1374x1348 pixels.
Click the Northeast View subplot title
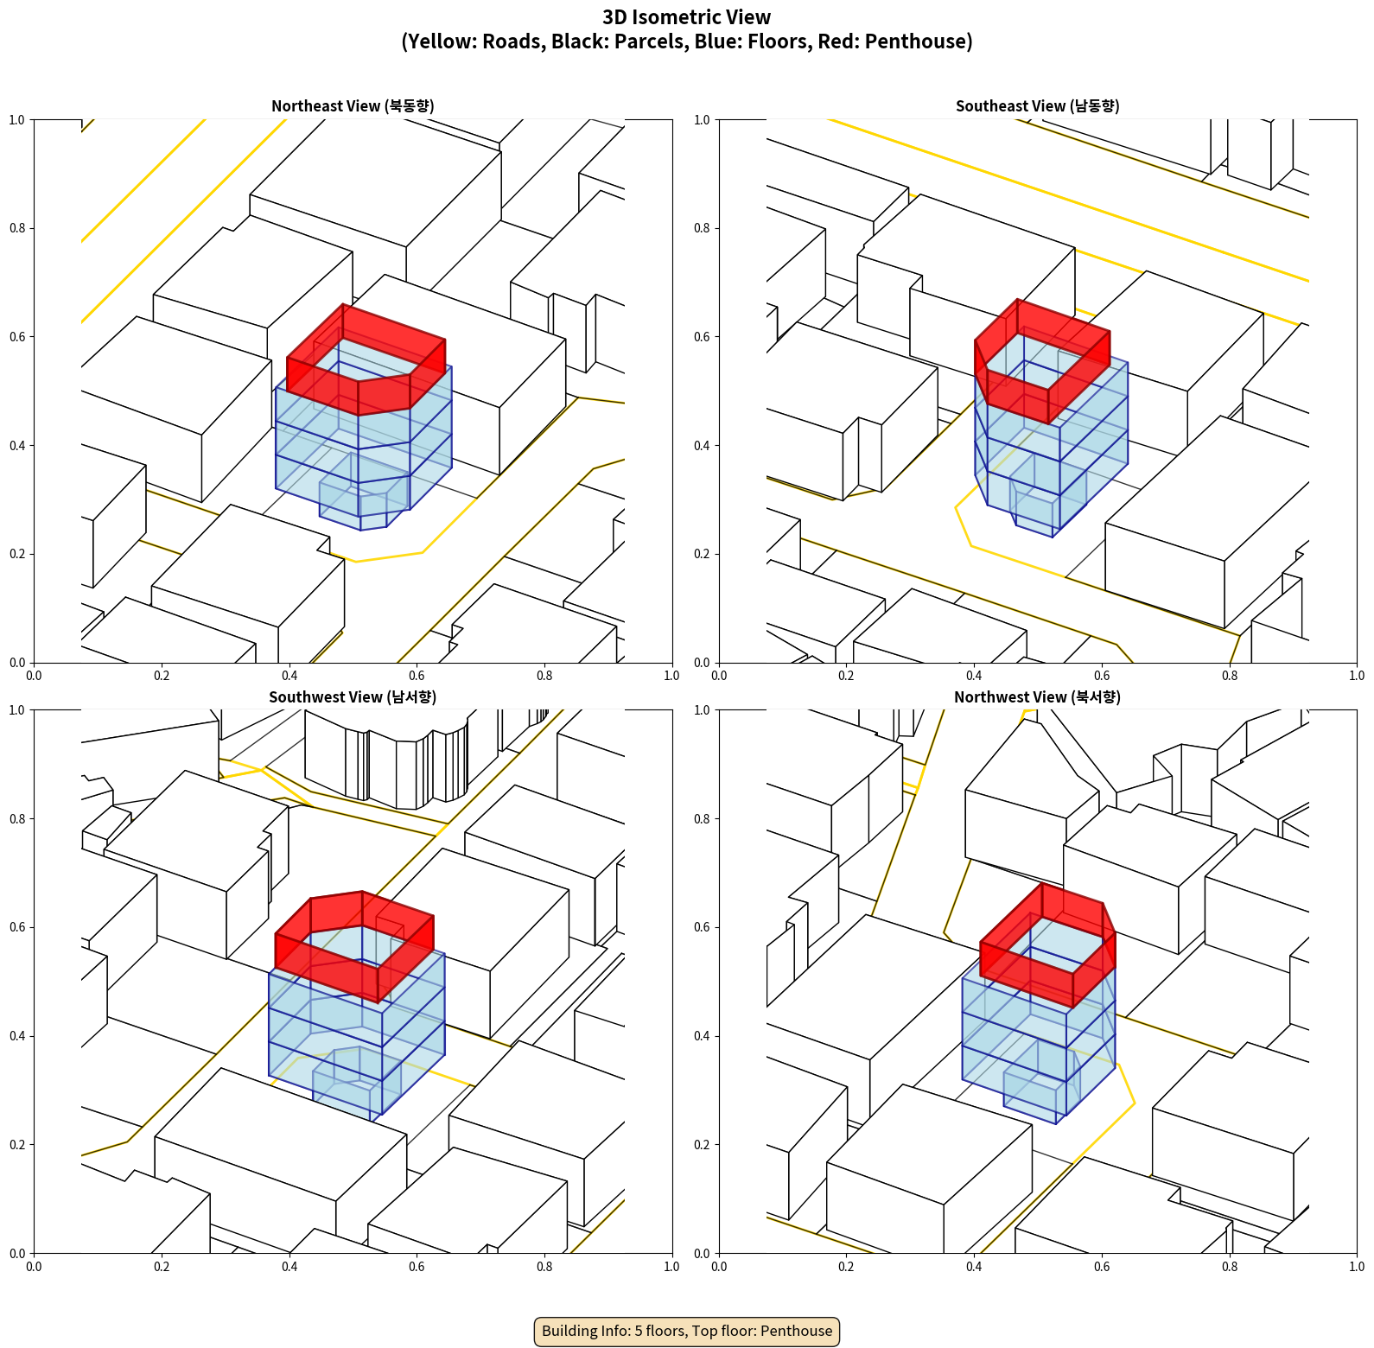coord(353,106)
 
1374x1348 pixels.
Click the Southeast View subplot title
coord(1037,106)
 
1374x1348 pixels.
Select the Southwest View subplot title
coord(353,697)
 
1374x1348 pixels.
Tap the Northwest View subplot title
coord(1037,697)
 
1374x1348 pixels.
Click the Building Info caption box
coord(687,1331)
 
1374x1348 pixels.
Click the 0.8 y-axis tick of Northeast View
coord(17,228)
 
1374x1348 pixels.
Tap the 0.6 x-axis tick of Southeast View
coord(1102,676)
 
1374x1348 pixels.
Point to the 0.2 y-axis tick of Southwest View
coord(17,1144)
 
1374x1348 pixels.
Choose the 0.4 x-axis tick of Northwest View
coord(974,1267)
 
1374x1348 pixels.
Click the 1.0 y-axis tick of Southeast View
coord(702,119)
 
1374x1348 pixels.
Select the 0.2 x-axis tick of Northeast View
coord(162,676)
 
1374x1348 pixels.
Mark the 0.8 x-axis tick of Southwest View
coord(544,1267)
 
